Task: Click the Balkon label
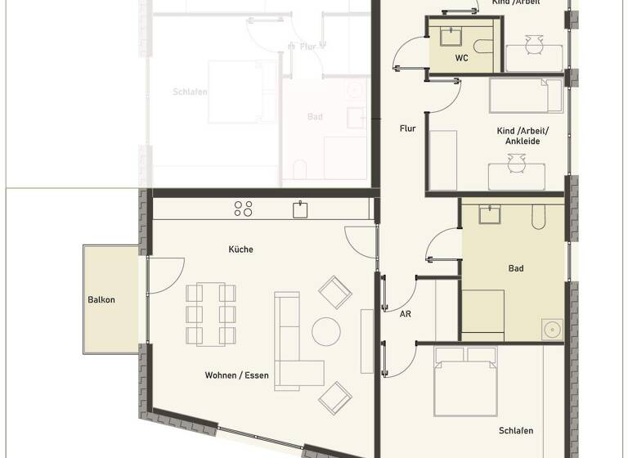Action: tap(101, 299)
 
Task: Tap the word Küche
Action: tap(240, 249)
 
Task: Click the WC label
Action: tap(462, 58)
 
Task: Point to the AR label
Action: tap(405, 314)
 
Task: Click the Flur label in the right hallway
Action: tap(407, 128)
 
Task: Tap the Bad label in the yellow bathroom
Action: tap(515, 268)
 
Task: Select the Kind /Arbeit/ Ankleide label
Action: tap(523, 136)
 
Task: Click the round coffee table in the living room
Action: tap(326, 331)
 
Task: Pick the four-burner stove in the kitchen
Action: tap(243, 209)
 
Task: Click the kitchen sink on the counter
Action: tap(300, 209)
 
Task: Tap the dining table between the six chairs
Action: tap(210, 314)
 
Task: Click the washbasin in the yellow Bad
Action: tap(491, 214)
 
